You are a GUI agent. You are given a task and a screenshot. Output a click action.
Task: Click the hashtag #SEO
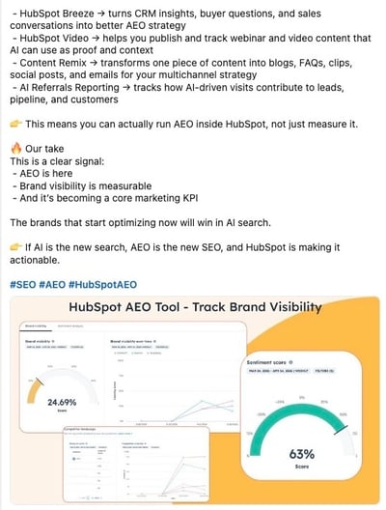25,285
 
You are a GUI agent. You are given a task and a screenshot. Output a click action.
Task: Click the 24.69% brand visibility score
62,402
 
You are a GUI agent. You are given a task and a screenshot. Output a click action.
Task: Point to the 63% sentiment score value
301,453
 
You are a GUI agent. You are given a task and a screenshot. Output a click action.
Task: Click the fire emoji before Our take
15,150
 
